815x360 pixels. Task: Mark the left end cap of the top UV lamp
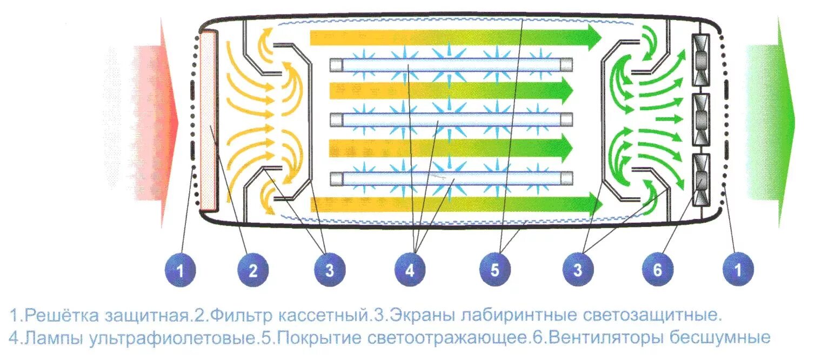tap(336, 65)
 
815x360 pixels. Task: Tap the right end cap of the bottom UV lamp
tap(566, 178)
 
